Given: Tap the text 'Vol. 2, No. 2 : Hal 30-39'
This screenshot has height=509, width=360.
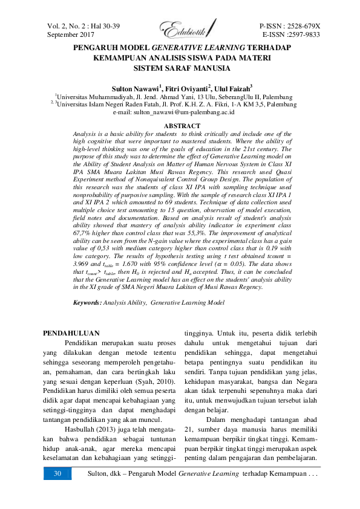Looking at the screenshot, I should pos(83,27).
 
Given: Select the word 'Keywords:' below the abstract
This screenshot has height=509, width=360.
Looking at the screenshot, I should pos(87,301).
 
